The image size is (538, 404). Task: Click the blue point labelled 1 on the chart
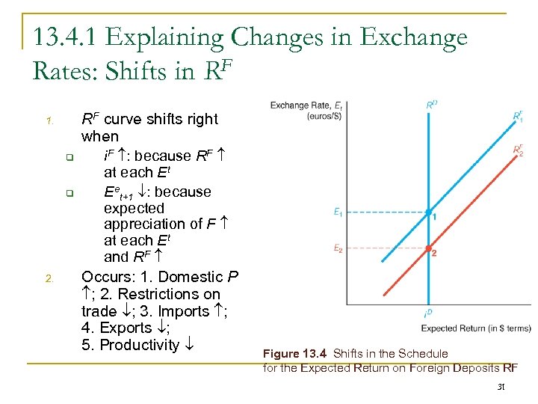[428, 213]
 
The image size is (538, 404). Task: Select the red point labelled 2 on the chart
[428, 248]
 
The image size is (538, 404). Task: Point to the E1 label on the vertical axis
[338, 212]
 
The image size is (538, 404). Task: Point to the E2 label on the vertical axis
[338, 248]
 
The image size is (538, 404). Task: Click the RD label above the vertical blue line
[431, 105]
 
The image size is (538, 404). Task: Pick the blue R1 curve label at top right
[518, 116]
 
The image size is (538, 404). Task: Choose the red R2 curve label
[518, 150]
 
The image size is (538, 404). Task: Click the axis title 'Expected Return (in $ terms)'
[476, 328]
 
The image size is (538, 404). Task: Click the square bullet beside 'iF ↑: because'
[68, 157]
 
